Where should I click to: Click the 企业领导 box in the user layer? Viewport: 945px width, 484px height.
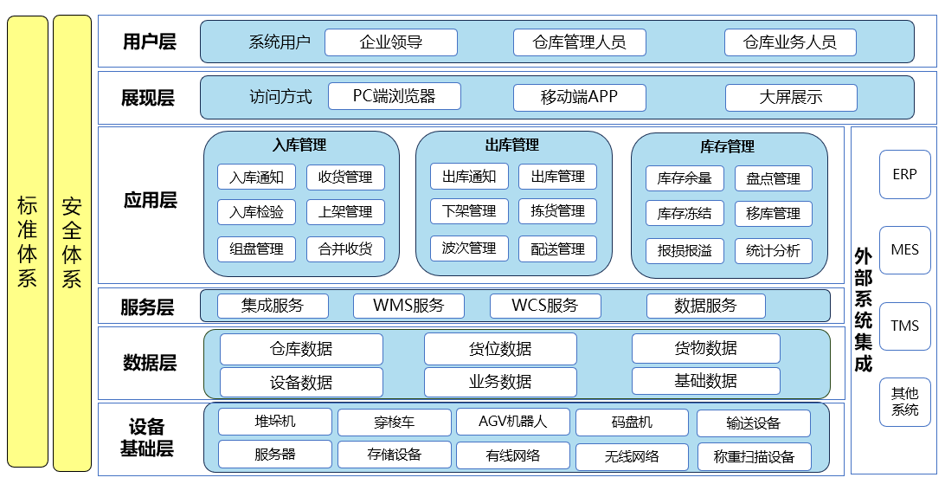(391, 42)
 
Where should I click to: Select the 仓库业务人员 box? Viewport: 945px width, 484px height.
(790, 42)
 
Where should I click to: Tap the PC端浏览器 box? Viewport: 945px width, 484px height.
(394, 96)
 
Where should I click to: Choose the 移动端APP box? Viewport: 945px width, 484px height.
(579, 97)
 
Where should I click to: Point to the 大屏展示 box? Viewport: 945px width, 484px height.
(790, 97)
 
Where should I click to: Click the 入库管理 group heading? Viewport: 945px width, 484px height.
(299, 145)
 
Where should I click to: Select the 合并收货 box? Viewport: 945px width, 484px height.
(345, 249)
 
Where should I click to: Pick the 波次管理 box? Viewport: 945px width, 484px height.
(469, 248)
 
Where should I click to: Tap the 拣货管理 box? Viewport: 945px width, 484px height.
(557, 211)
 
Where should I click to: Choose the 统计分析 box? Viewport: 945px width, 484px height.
(773, 251)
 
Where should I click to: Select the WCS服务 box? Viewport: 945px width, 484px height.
(544, 306)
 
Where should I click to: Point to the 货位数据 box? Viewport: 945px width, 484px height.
(500, 349)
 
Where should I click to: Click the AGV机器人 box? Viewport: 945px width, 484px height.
(512, 422)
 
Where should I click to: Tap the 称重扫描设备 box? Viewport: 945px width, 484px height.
(753, 456)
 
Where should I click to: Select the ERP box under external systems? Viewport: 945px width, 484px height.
(904, 174)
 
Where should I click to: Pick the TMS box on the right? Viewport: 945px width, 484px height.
(904, 326)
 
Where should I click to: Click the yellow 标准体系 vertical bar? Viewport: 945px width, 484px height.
(27, 242)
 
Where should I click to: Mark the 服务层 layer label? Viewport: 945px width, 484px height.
(148, 307)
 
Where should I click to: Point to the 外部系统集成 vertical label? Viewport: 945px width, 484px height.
(863, 310)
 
